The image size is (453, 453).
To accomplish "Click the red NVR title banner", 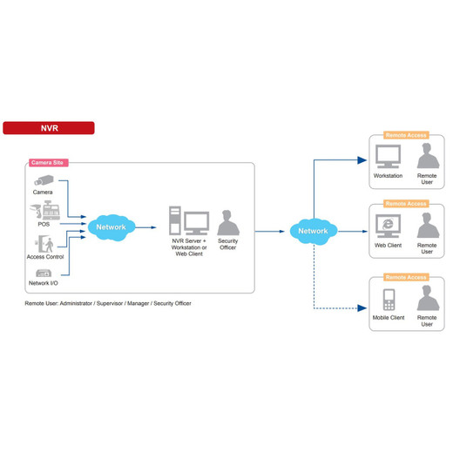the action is click(x=49, y=128).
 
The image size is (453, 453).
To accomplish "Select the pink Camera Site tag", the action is click(x=49, y=163).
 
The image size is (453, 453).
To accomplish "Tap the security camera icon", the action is click(x=44, y=180).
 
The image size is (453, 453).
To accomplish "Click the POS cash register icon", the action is click(x=51, y=210).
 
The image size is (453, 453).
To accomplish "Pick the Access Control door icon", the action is click(x=45, y=244).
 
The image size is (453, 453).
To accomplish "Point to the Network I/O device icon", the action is click(x=44, y=273).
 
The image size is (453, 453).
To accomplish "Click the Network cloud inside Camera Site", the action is click(x=112, y=227).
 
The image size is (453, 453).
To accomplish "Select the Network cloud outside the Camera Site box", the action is click(x=314, y=232).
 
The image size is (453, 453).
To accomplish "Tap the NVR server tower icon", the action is click(x=175, y=220).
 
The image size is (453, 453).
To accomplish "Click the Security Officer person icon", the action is click(x=228, y=223).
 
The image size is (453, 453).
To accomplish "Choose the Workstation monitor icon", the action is click(x=388, y=157).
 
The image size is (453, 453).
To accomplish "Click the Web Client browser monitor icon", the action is click(x=388, y=226).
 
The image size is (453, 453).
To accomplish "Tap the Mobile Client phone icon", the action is click(x=389, y=300).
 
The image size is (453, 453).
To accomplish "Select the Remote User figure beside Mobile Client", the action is click(x=428, y=298).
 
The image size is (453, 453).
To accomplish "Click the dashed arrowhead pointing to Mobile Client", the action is click(x=362, y=308).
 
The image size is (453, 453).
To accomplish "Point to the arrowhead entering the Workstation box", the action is click(x=362, y=160).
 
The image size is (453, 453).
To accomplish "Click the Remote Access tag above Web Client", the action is click(x=406, y=204).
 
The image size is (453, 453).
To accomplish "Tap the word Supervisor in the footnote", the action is click(x=110, y=303).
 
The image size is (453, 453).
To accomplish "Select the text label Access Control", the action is click(x=45, y=257).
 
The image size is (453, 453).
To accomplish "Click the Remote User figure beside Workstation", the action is click(x=428, y=156).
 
